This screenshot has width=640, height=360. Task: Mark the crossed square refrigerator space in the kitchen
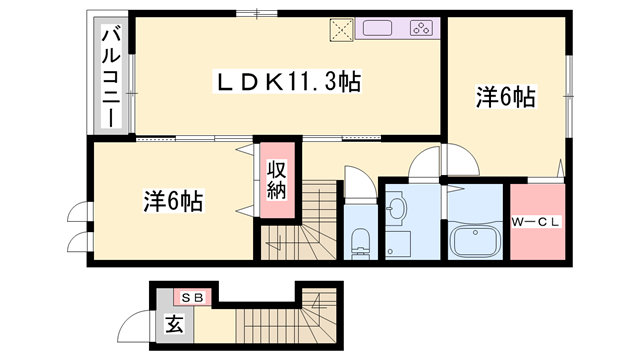pos(342,30)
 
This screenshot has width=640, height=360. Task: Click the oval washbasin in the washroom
pos(397,209)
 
